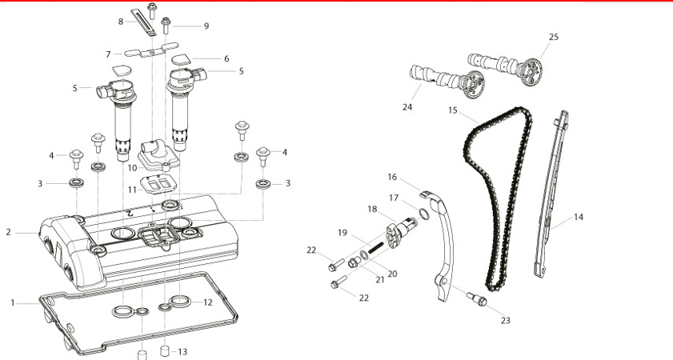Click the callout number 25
[x=554, y=37]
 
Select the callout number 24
[x=407, y=107]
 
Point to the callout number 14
[x=579, y=217]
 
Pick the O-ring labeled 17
[x=423, y=214]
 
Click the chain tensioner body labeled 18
[x=400, y=232]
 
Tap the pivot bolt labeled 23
[x=476, y=299]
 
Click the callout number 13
[x=182, y=352]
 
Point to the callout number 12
[x=208, y=302]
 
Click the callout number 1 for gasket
[x=13, y=303]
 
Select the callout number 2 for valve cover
[x=9, y=232]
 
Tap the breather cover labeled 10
[x=158, y=155]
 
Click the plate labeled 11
[x=158, y=186]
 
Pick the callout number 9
[x=206, y=26]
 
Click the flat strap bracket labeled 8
[x=144, y=22]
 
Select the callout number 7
[x=108, y=54]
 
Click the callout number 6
[x=226, y=58]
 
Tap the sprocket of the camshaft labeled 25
[x=531, y=72]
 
